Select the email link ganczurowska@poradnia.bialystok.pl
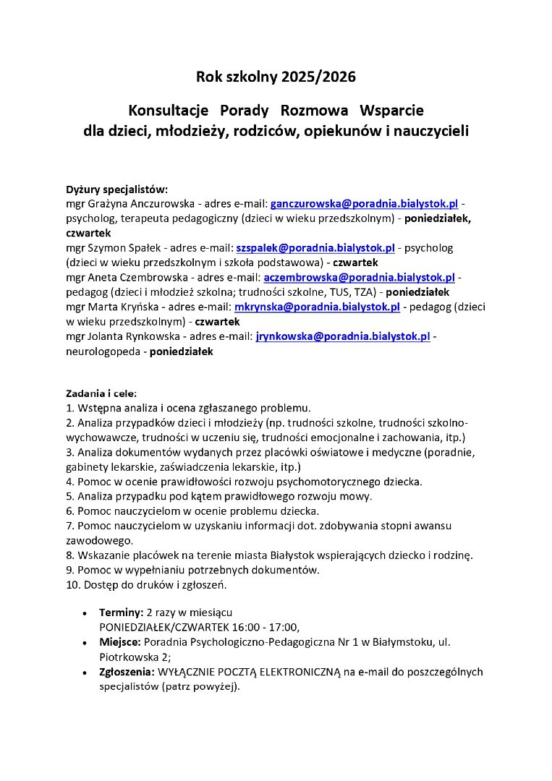point(364,204)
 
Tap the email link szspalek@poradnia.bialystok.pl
point(315,248)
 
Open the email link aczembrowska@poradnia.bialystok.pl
point(359,278)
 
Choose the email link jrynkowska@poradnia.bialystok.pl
point(343,337)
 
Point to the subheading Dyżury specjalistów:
point(116,189)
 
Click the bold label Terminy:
point(121,612)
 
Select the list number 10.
point(72,584)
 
